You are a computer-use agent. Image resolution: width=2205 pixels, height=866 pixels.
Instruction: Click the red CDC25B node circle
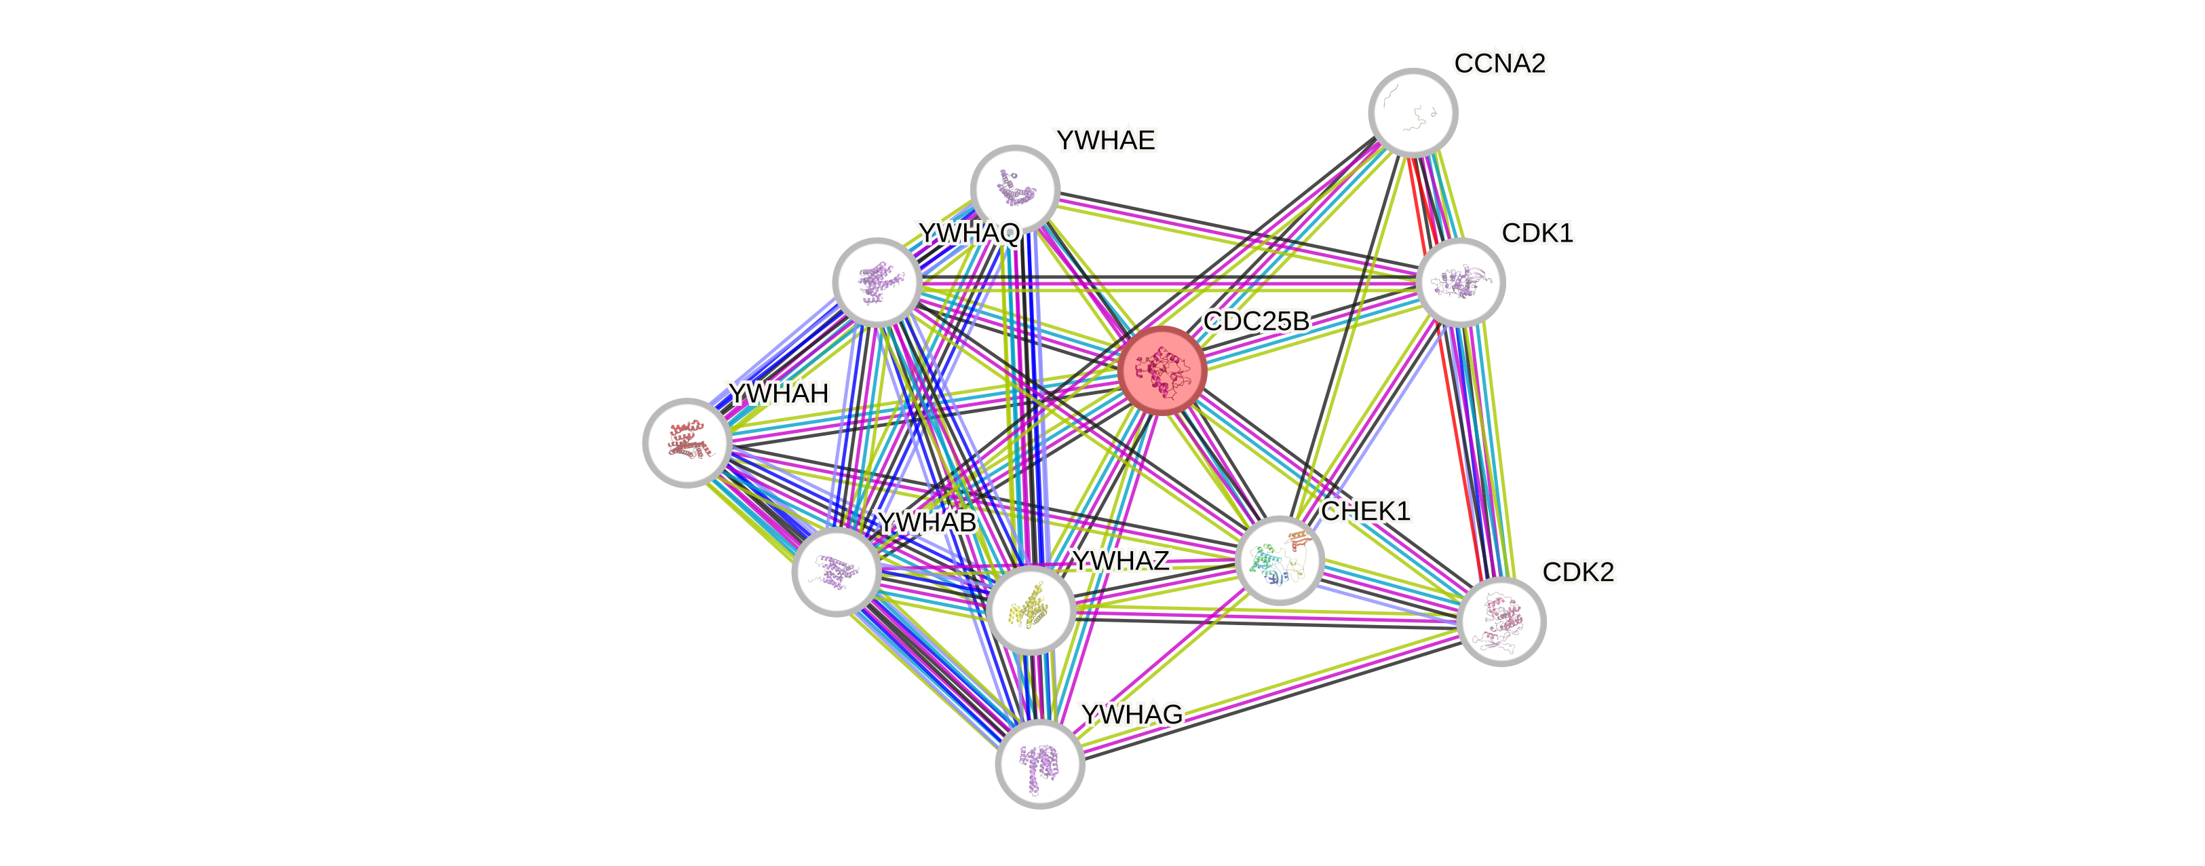click(1162, 370)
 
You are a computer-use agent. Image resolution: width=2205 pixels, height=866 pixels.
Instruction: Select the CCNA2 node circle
click(1413, 112)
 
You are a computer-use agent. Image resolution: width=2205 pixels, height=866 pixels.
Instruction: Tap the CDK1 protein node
click(1460, 282)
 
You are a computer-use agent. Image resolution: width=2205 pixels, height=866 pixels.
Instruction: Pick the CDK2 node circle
click(1501, 621)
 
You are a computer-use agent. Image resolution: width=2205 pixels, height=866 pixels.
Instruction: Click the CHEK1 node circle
click(1280, 560)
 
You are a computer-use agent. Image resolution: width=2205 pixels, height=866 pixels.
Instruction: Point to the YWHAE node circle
click(1015, 189)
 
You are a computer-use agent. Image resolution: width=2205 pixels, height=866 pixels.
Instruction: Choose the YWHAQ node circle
click(877, 282)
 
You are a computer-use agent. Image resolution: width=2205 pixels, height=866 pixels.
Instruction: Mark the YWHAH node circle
click(687, 443)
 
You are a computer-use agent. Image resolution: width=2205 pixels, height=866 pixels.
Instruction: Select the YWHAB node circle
click(837, 571)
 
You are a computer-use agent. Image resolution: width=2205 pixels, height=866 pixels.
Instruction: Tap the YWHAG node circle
click(1040, 764)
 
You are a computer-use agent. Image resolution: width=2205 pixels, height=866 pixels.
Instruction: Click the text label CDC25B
click(1256, 321)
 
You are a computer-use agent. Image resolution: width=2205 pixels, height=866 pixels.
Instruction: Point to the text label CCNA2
click(1499, 63)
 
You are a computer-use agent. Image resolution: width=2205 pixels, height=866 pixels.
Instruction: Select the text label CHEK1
click(1365, 511)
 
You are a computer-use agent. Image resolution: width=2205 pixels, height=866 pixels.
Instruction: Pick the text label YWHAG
click(1131, 713)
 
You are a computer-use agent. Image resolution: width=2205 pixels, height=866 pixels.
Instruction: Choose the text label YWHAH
click(779, 393)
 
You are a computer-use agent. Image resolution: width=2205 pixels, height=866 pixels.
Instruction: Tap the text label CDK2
click(1577, 572)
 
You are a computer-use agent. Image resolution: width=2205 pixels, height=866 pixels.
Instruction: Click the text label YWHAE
click(1105, 140)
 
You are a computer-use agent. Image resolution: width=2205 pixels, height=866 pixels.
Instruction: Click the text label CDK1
click(1537, 233)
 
